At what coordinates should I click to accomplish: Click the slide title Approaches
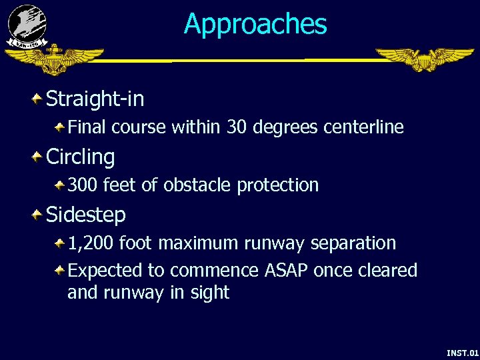[255, 24]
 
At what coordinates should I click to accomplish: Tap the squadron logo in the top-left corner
[27, 25]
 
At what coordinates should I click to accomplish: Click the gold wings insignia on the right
[424, 59]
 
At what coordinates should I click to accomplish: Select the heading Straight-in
[95, 99]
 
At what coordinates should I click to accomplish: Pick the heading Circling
[80, 157]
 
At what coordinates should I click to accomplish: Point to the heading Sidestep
[85, 215]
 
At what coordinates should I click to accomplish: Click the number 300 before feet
[83, 185]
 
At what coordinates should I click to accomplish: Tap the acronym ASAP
[287, 270]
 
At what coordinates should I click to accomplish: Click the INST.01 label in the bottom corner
[462, 352]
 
